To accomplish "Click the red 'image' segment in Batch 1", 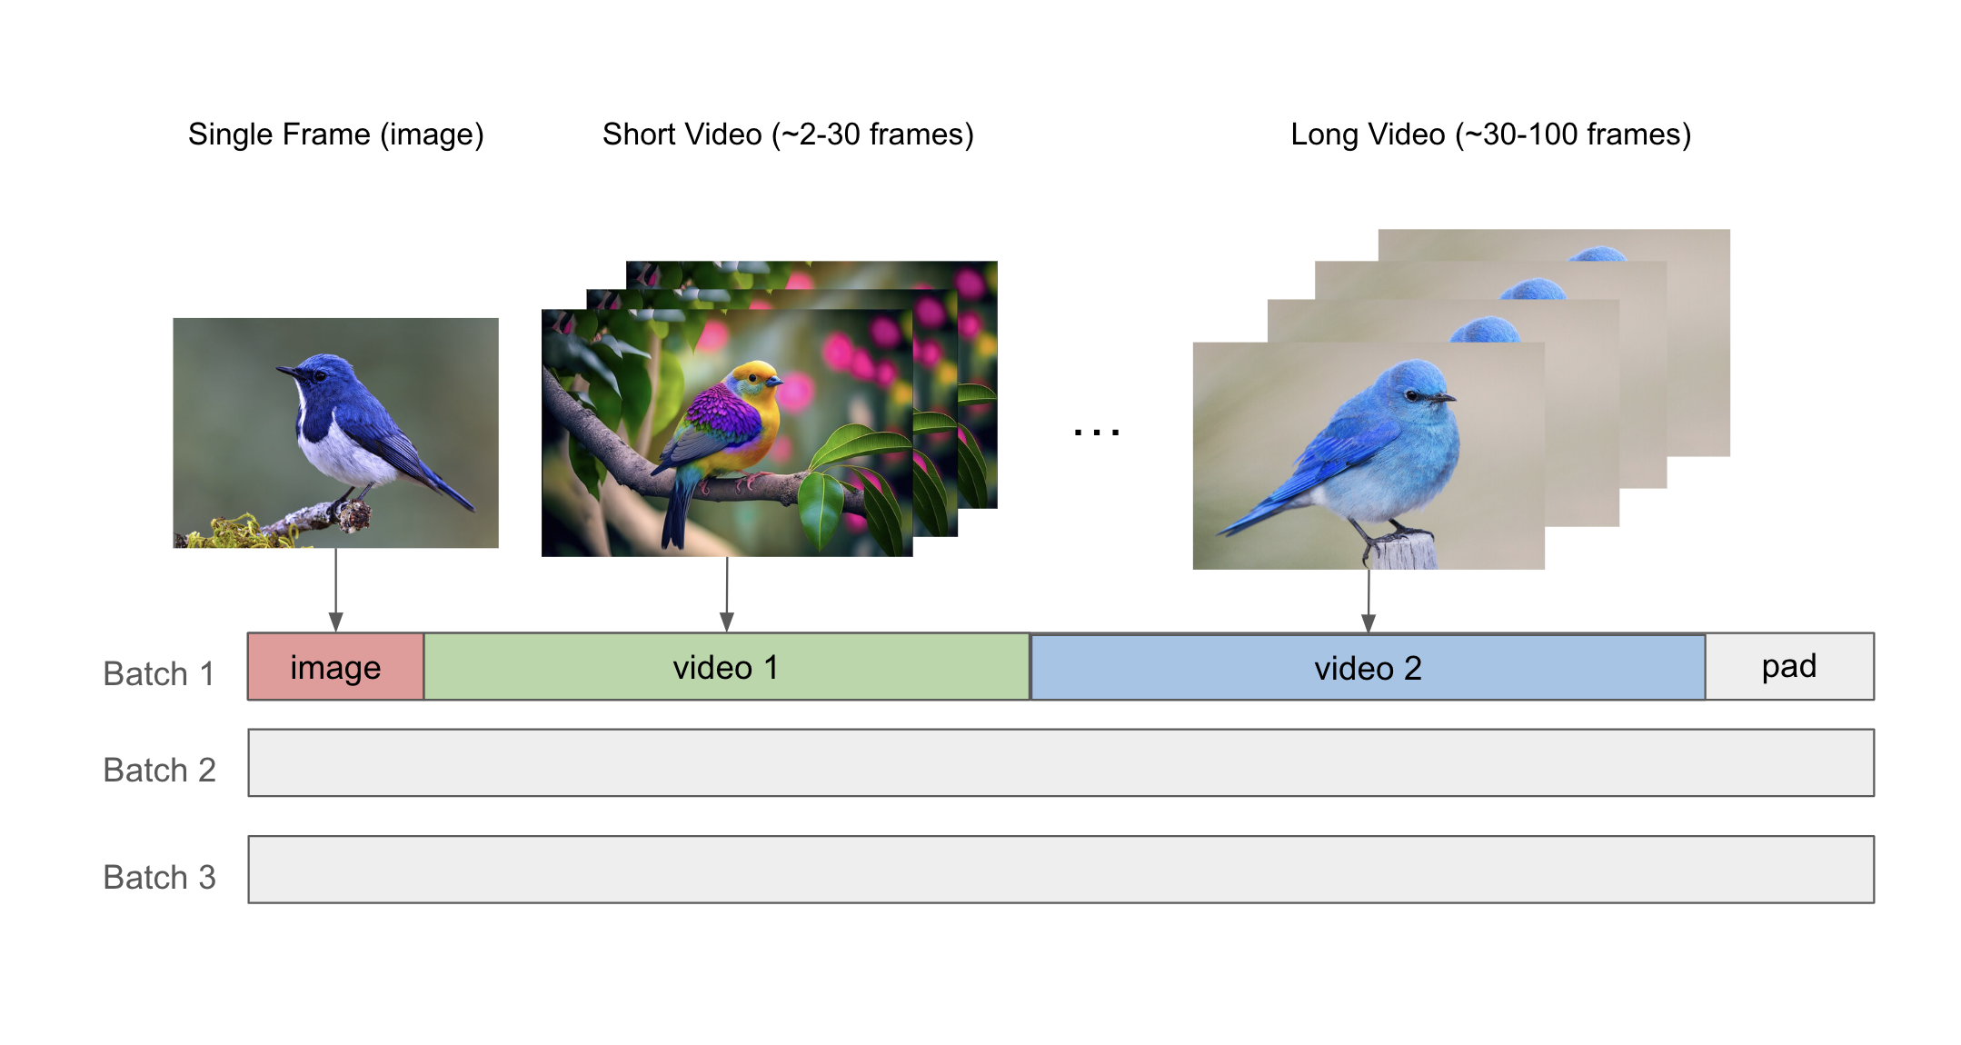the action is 335,667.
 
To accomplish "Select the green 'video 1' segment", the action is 726,667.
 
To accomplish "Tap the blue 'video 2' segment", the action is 1368,667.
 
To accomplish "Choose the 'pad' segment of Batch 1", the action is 1789,667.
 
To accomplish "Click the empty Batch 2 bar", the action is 1060,762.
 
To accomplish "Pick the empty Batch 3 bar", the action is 1060,870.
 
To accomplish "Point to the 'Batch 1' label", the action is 159,674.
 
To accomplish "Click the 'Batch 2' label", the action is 159,771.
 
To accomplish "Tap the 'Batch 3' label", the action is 159,878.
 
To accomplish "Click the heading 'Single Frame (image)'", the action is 336,134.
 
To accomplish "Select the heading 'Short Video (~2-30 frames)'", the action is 788,134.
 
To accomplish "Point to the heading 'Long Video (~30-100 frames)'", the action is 1491,134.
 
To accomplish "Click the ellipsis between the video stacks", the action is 1096,433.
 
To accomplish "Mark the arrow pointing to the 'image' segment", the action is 336,590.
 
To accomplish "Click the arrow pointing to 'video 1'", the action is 727,594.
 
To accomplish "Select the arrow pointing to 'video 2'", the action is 1369,601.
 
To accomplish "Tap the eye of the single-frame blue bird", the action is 319,373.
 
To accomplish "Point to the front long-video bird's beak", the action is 1443,398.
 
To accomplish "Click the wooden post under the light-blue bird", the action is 1404,552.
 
